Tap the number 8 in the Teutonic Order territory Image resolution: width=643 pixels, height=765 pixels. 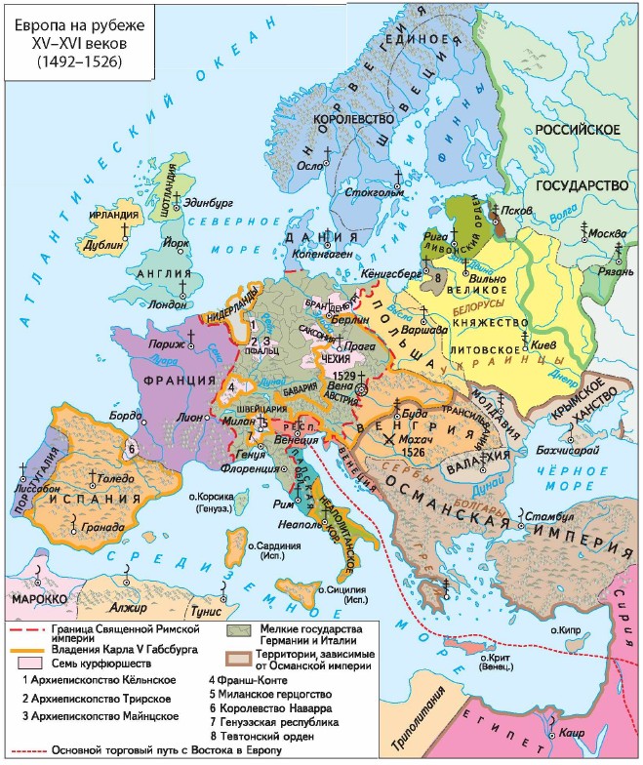coord(438,279)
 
